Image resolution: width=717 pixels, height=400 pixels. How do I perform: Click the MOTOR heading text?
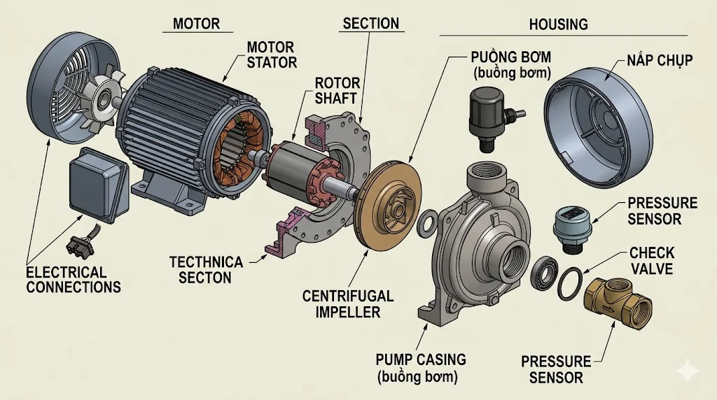click(195, 23)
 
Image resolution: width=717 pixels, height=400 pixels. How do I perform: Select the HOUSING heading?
click(558, 24)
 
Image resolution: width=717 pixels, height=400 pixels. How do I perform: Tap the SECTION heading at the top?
click(370, 23)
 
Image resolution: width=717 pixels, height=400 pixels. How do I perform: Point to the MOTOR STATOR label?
click(272, 55)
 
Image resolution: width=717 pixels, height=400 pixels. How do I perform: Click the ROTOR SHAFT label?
click(335, 90)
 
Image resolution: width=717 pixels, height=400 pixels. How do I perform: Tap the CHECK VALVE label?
click(651, 259)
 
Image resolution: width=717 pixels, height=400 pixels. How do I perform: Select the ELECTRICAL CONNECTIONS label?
click(73, 279)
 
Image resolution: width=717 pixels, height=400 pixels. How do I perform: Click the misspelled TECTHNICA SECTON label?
click(206, 269)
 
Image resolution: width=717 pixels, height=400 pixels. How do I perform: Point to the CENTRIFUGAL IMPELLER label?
click(348, 303)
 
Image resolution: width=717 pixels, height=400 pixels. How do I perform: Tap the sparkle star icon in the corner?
click(689, 371)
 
